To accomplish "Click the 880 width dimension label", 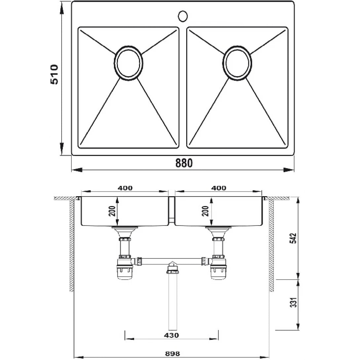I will pyautogui.click(x=184, y=163).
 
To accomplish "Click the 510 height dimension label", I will pyautogui.click(x=54, y=75).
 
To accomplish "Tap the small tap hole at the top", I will pyautogui.click(x=183, y=16).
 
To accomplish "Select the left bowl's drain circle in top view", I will pyautogui.click(x=129, y=63).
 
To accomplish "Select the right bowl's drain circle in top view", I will pyautogui.click(x=237, y=63).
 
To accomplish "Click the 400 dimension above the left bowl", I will pyautogui.click(x=125, y=188).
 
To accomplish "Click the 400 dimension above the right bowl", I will pyautogui.click(x=219, y=188).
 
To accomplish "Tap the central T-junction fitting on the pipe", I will pyautogui.click(x=171, y=268).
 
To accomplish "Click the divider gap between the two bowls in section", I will pyautogui.click(x=171, y=210).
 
